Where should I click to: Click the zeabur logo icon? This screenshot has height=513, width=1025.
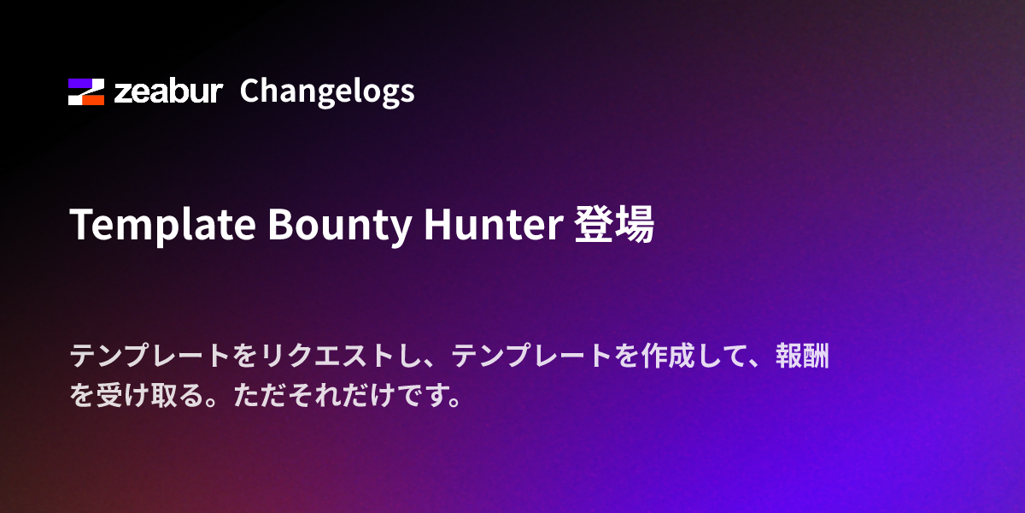pos(86,91)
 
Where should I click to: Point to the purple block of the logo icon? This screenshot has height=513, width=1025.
pos(81,84)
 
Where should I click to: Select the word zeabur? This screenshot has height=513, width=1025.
pos(168,91)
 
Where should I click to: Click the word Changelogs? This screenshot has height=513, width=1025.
pos(327,91)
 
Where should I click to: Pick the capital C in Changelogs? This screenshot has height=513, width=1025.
pos(250,91)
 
